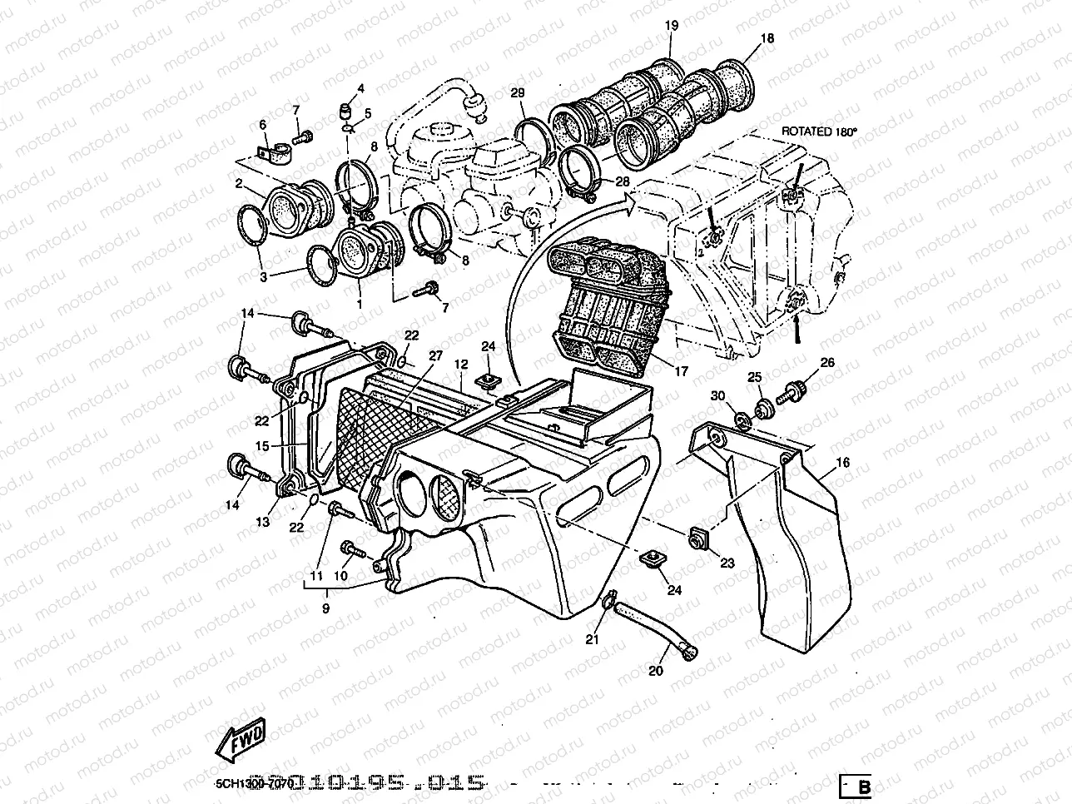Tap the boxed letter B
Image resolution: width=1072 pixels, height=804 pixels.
pos(864,787)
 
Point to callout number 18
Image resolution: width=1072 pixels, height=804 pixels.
pos(767,38)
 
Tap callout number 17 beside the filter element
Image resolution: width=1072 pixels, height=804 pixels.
pos(682,372)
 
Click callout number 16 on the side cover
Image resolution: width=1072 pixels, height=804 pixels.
pos(842,462)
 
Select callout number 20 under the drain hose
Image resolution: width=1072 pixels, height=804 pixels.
pos(656,672)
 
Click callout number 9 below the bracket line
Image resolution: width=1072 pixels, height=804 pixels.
pos(325,608)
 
